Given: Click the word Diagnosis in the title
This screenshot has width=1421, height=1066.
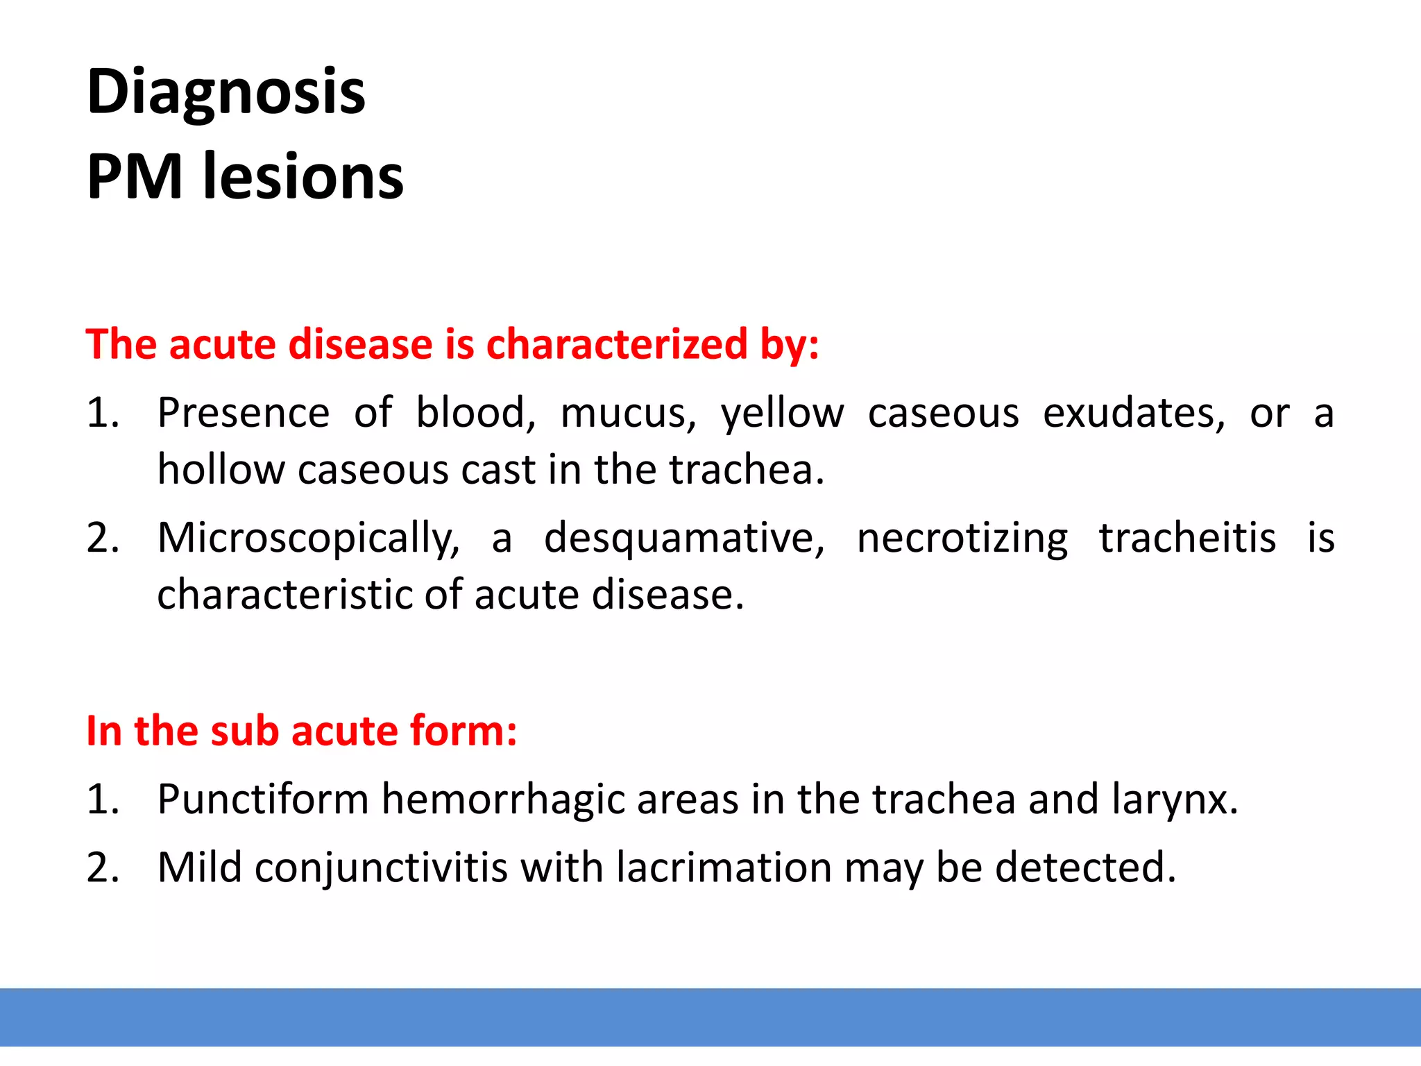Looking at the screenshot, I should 226,93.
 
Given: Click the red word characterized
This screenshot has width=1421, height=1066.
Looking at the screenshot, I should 617,344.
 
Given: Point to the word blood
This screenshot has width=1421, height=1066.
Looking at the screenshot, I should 475,413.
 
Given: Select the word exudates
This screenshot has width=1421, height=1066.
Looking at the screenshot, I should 1134,413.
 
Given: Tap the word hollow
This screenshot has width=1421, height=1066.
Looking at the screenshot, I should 221,470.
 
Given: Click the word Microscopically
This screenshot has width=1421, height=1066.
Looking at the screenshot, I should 308,539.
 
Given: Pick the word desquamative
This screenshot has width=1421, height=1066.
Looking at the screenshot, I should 684,539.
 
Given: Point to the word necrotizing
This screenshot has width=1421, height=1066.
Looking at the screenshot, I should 962,539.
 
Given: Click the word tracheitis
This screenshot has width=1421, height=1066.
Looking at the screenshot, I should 1187,538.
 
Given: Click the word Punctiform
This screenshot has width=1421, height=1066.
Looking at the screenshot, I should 263,799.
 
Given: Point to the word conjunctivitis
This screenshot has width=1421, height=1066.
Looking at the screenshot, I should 381,869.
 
